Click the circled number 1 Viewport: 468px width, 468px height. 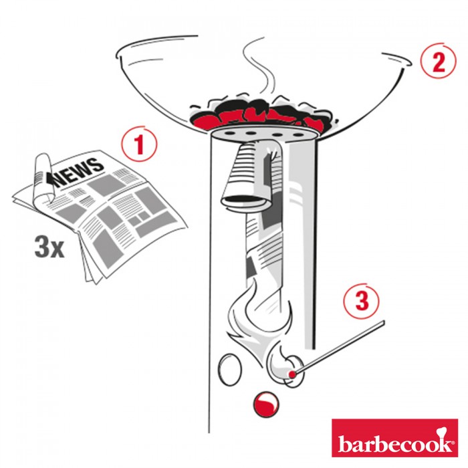coord(139,144)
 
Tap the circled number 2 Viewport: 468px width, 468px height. coord(439,61)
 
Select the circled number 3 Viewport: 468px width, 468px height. coord(362,301)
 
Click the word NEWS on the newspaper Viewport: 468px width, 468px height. coord(79,172)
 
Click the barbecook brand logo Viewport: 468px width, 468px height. coord(394,438)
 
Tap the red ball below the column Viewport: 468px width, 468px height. coord(265,404)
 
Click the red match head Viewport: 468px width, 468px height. coord(292,374)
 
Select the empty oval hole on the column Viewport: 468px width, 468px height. coord(230,369)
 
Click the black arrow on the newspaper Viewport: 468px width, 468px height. coord(50,179)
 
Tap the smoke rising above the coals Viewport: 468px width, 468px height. coord(257,65)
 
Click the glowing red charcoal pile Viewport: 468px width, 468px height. coord(263,114)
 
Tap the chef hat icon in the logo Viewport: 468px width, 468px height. coord(441,432)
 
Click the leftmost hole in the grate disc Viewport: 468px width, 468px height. coord(229,132)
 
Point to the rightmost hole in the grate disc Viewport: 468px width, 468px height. coord(298,135)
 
